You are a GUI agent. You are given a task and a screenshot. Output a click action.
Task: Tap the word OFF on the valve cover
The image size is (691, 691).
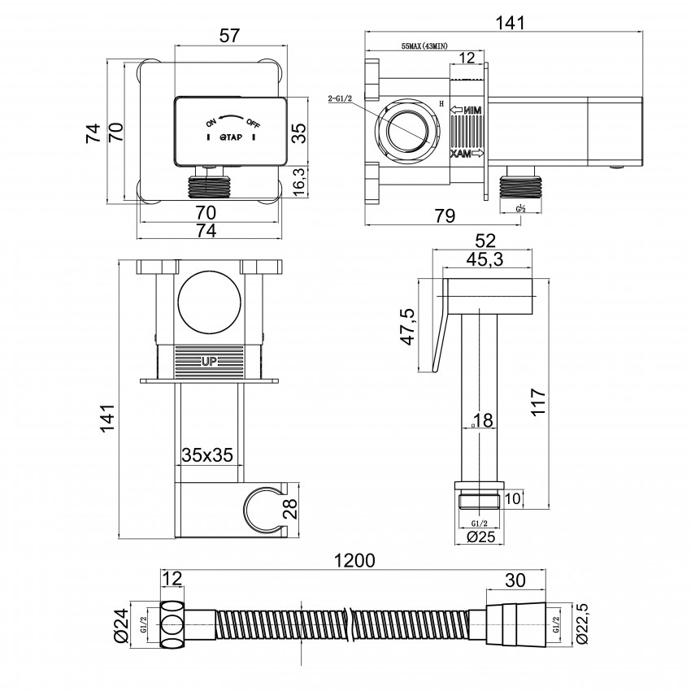(x=254, y=123)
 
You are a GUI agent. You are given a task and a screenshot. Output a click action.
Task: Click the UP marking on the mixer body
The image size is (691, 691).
(x=209, y=358)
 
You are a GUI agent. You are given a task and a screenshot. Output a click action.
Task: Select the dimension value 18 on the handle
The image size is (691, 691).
(x=482, y=419)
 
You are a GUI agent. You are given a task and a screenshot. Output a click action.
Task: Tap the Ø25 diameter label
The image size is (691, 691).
(x=477, y=537)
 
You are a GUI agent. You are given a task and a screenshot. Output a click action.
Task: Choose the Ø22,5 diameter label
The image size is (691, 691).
(x=583, y=624)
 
